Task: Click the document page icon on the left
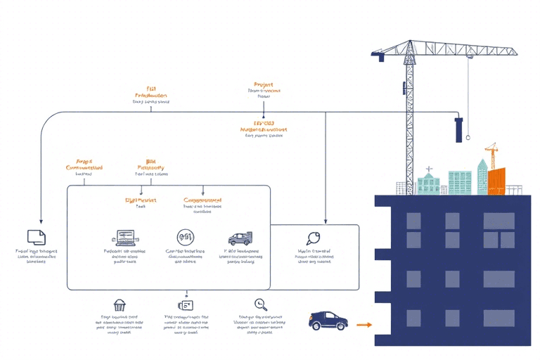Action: (x=36, y=237)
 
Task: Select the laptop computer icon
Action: (x=124, y=238)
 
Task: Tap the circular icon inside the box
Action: (x=185, y=238)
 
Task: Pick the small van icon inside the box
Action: (x=240, y=239)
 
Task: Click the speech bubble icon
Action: (x=313, y=238)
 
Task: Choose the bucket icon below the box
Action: (x=119, y=305)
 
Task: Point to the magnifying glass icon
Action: (x=261, y=304)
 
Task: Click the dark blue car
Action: (x=328, y=321)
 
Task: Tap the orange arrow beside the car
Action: (x=364, y=325)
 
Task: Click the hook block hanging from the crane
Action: (x=459, y=129)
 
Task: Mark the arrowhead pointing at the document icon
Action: (x=41, y=220)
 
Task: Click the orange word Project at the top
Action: (x=264, y=84)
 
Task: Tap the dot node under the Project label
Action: (x=264, y=117)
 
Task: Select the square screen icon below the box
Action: (x=186, y=305)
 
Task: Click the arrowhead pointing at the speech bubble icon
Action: (x=325, y=221)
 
